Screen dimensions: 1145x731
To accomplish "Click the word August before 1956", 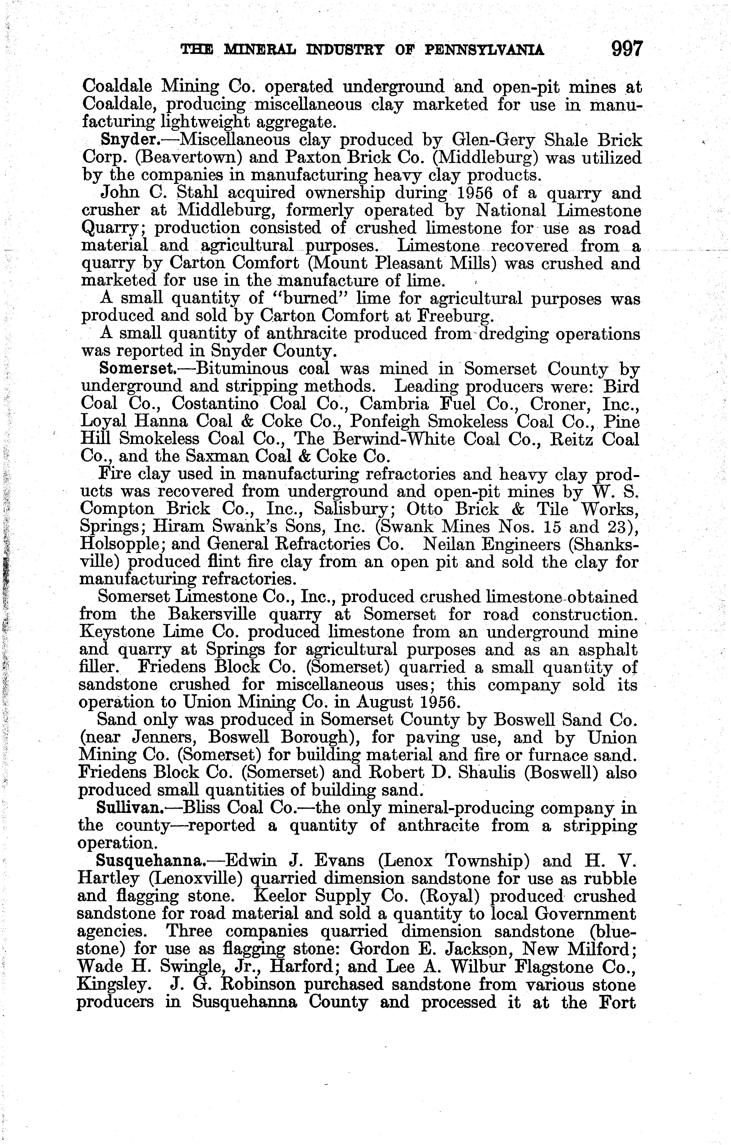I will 380,702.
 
